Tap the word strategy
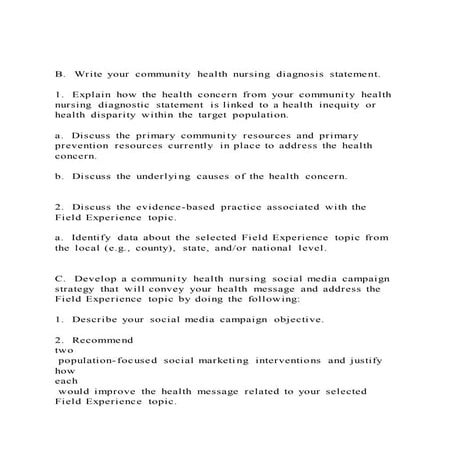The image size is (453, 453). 84,289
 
